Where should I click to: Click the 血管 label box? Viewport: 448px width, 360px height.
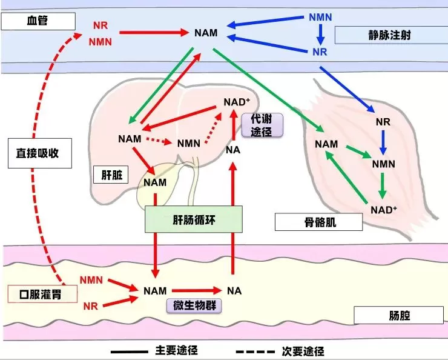pos(38,22)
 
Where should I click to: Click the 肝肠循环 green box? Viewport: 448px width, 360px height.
pos(193,219)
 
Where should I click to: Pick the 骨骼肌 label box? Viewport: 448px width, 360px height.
pos(318,222)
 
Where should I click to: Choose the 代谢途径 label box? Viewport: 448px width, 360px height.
pos(262,124)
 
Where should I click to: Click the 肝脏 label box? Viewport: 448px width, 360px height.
pos(113,175)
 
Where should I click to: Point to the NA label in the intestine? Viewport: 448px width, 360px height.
pos(234,291)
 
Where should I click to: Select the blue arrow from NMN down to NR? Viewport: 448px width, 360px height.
pos(319,35)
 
